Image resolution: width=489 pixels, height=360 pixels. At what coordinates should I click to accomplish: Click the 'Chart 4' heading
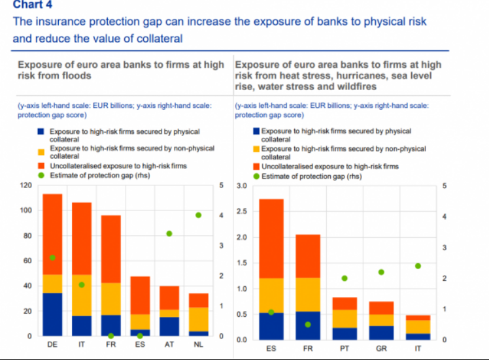[30, 6]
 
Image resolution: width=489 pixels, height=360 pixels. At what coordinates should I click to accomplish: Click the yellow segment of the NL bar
[199, 319]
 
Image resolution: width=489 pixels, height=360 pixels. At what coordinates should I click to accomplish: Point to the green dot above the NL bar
[199, 215]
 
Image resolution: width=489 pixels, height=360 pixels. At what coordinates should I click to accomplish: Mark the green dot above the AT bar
[169, 233]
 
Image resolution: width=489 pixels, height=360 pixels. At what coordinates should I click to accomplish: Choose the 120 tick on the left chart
[26, 186]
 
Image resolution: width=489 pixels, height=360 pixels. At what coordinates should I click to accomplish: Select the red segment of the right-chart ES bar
[271, 238]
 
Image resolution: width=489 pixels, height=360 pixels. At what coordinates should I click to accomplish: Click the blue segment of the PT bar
[345, 333]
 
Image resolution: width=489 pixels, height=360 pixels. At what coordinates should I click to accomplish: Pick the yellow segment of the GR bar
[381, 319]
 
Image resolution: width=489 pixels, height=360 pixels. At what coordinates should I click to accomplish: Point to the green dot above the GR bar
[381, 272]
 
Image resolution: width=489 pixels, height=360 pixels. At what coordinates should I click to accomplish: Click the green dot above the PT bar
[345, 278]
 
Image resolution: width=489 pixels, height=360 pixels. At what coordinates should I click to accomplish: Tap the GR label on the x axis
[381, 349]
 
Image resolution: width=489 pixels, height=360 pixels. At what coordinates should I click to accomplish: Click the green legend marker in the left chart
[40, 174]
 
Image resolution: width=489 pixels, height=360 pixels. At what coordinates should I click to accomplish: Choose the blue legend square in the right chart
[256, 131]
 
